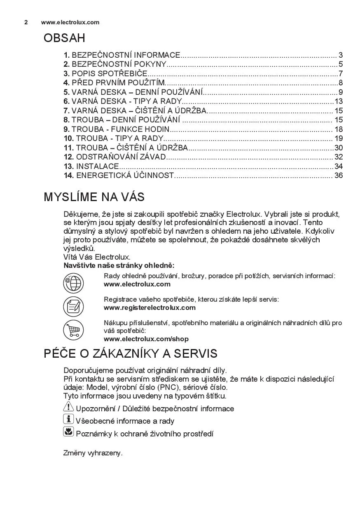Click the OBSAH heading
[x=64, y=38]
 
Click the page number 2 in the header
[x=26, y=22]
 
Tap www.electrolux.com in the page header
[x=70, y=22]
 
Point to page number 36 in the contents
[x=339, y=176]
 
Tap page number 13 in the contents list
[x=339, y=101]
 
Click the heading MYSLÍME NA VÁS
[x=94, y=197]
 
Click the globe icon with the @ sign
[x=73, y=283]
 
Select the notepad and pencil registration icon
[x=73, y=307]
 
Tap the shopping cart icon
[x=73, y=330]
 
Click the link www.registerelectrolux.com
[x=150, y=308]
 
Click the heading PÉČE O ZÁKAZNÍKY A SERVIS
[x=131, y=354]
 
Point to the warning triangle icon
[x=68, y=407]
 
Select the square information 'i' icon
[x=68, y=420]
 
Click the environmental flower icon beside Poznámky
[x=68, y=432]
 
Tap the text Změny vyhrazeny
[x=93, y=453]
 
